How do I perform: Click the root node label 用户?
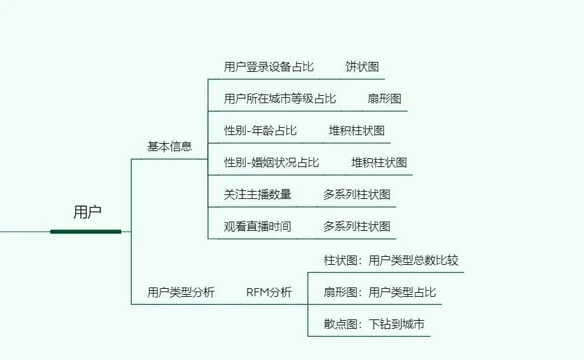[x=87, y=212]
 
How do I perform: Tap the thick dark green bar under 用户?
[x=86, y=232]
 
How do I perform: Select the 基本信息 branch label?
[x=170, y=146]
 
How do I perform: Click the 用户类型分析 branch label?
[x=181, y=292]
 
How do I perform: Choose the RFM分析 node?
[x=269, y=292]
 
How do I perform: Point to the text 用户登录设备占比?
[x=269, y=67]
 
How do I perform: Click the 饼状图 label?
[x=362, y=67]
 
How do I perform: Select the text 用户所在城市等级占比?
[x=280, y=98]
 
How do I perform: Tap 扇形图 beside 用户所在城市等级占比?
[x=385, y=98]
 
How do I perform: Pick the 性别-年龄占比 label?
[x=261, y=130]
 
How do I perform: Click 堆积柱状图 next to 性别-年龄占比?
[x=357, y=130]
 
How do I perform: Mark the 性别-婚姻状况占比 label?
[x=272, y=162]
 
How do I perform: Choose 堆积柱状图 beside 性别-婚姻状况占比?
[x=380, y=162]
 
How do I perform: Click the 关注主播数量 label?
[x=258, y=194]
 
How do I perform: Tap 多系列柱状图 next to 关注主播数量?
[x=357, y=194]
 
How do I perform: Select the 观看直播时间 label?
[x=258, y=226]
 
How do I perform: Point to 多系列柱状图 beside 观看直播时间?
[x=357, y=226]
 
